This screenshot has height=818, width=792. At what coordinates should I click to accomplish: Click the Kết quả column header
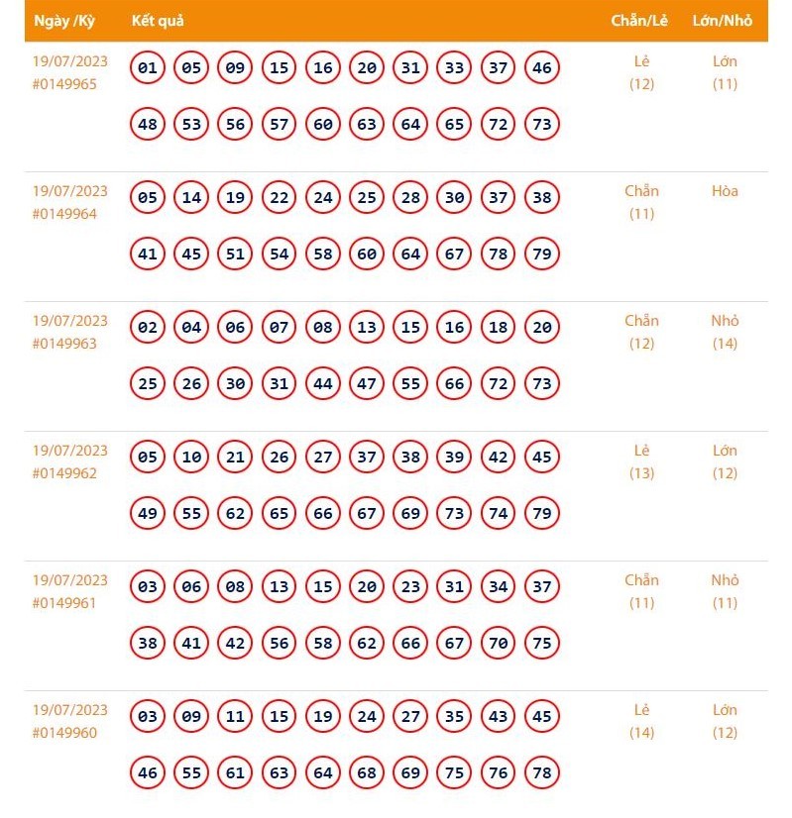point(158,21)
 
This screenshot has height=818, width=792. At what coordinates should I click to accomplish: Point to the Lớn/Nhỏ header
point(723,21)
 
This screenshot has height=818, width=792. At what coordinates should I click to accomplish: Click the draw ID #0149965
point(64,84)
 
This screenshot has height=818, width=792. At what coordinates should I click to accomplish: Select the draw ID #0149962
point(64,473)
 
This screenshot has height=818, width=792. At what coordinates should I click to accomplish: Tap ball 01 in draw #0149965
point(148,68)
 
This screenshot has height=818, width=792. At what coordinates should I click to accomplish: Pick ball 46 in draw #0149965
point(541,68)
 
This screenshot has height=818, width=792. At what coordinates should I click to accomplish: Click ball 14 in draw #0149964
point(191,198)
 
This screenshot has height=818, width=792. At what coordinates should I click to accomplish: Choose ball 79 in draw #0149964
point(541,255)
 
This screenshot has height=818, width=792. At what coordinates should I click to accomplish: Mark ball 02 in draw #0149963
point(148,328)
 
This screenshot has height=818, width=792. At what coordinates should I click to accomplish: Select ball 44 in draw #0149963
point(322,384)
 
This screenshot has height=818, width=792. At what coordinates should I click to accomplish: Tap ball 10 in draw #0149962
point(191,458)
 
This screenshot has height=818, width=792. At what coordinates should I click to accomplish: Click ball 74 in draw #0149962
point(498,514)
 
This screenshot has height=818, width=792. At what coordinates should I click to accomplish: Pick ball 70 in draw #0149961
point(498,644)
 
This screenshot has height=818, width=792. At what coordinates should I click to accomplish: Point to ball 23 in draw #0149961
point(410,587)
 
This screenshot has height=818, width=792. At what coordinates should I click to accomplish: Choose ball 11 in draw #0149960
point(235,717)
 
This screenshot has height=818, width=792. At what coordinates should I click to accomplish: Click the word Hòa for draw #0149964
point(725,191)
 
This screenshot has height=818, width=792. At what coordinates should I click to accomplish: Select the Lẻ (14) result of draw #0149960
point(641,721)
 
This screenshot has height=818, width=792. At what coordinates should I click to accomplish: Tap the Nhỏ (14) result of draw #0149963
point(725,332)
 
